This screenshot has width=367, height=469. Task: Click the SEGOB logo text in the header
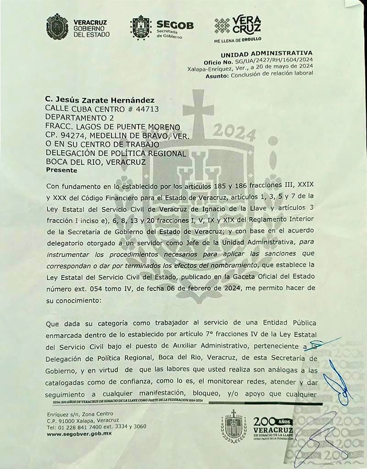[x=175, y=25]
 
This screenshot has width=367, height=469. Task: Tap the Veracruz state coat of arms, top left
[x=57, y=27]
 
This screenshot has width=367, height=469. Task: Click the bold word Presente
[x=62, y=170]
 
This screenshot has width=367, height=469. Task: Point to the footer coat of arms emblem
[x=234, y=426]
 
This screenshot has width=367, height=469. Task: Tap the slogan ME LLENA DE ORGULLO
[x=238, y=40]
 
